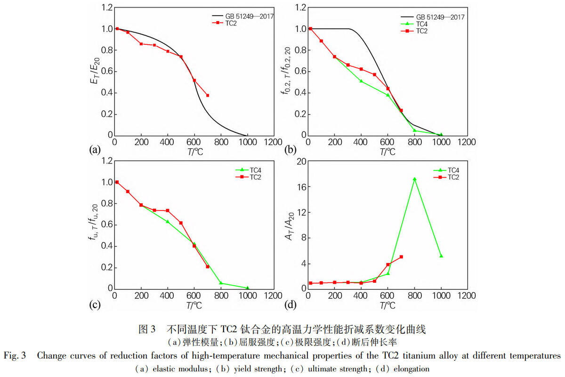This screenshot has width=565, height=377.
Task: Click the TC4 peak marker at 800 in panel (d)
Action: tap(414, 179)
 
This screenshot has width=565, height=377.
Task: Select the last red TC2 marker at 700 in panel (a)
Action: tap(208, 95)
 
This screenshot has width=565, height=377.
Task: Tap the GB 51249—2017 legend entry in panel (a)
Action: tap(242, 16)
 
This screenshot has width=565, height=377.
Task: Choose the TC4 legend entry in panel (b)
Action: tap(414, 24)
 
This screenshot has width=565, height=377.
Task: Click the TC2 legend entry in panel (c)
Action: tap(248, 177)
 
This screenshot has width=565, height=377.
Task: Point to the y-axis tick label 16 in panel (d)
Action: tap(301, 187)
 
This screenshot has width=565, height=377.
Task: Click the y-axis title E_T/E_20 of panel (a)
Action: tap(95, 71)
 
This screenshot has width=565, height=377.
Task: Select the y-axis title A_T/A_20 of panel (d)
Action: tap(290, 226)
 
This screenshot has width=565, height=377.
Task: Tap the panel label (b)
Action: tap(291, 150)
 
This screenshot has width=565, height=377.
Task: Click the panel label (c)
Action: tap(95, 304)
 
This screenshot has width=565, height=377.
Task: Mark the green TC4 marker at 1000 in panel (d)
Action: tap(441, 256)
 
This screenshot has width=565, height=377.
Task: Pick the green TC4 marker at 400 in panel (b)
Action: tap(361, 81)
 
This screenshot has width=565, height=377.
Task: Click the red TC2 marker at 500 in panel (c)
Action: tap(181, 223)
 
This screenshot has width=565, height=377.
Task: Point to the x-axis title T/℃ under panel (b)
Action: tap(387, 152)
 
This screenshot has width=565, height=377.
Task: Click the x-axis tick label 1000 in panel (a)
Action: tap(248, 142)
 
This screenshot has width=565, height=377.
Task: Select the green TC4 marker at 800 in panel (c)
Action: tap(221, 283)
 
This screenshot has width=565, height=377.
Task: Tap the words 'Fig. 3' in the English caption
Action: tap(15, 355)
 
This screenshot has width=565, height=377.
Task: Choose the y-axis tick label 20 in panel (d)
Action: tap(301, 161)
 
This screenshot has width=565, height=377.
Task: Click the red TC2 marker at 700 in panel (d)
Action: tap(401, 257)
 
